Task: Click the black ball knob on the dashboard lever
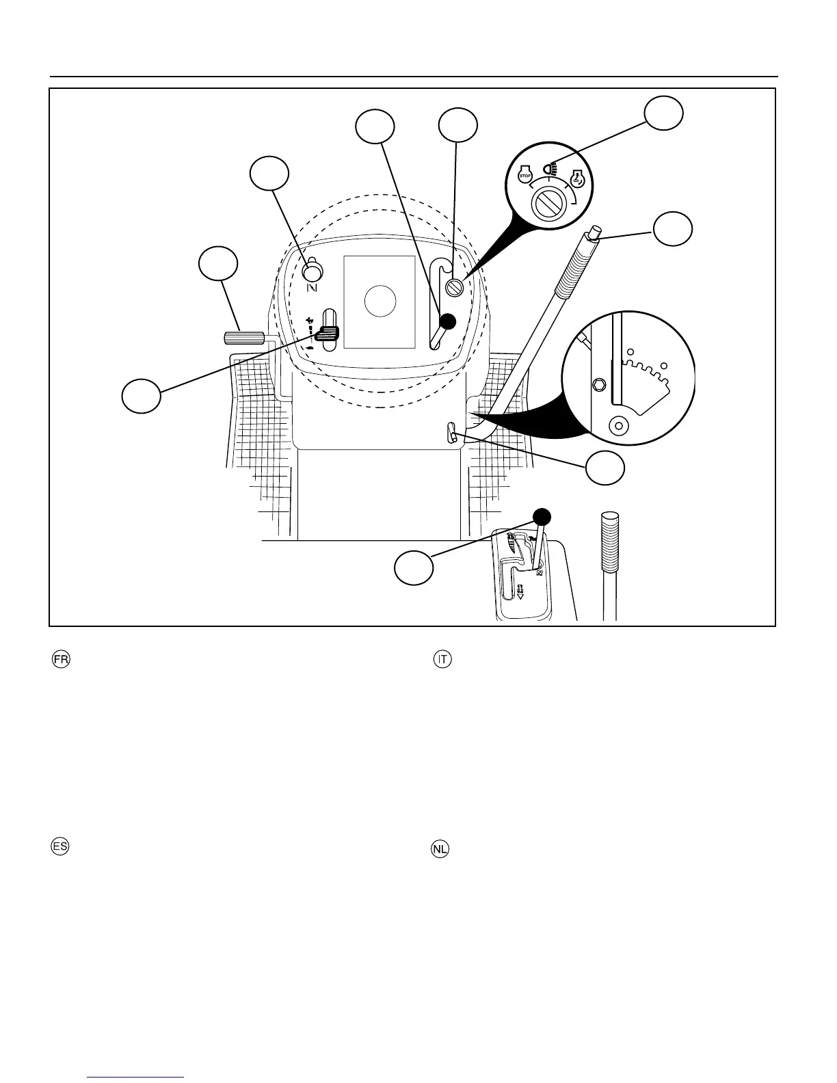tap(448, 321)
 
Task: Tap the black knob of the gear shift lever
tap(542, 516)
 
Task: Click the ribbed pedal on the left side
tap(244, 338)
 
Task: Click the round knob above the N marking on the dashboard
tap(313, 271)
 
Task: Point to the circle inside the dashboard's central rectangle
tap(380, 301)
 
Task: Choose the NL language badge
tap(440, 849)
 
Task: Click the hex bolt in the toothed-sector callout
tap(600, 385)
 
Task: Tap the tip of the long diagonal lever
tap(595, 232)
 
